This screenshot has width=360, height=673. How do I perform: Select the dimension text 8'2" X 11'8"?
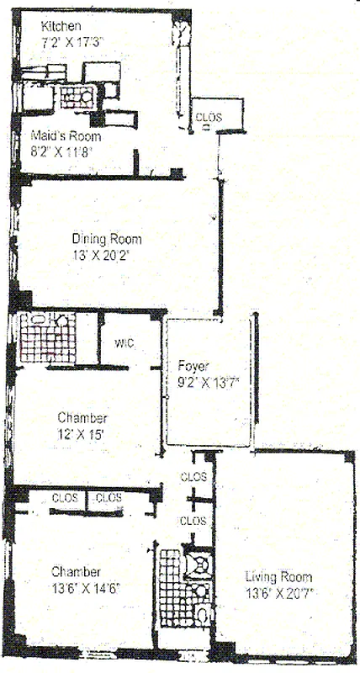(x=61, y=151)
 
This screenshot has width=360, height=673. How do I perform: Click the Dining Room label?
(x=107, y=237)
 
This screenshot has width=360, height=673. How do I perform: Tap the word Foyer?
(x=194, y=366)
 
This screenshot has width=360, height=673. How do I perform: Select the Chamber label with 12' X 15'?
(x=82, y=417)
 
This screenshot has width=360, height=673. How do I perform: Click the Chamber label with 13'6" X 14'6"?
(x=77, y=571)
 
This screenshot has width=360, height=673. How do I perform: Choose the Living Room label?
(x=278, y=577)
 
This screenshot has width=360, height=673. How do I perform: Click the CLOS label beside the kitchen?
(x=209, y=118)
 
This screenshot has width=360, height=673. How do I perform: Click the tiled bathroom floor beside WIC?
(x=47, y=342)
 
